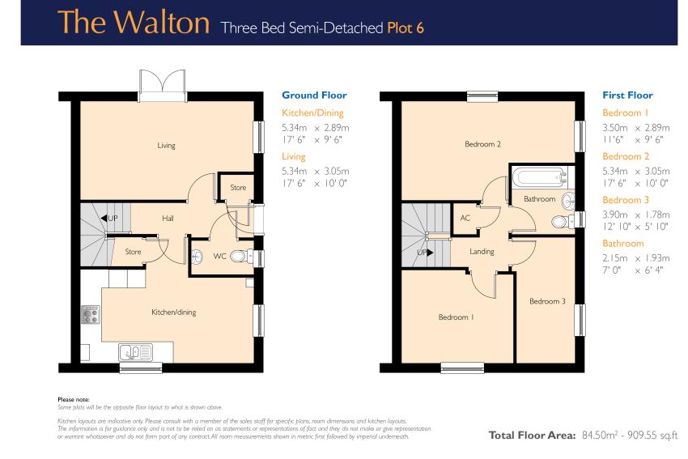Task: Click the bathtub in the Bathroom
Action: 540,177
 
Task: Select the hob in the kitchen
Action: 91,315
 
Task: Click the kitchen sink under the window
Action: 134,352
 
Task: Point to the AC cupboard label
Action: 465,218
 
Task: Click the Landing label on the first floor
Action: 482,252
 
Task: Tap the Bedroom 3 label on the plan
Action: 547,301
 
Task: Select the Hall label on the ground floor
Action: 168,218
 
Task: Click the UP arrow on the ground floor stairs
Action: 104,218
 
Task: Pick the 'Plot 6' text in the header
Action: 406,28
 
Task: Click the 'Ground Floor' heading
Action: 314,96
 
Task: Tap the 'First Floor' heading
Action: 627,96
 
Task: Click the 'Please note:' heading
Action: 74,399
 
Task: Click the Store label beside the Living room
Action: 238,187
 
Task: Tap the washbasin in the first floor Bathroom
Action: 569,202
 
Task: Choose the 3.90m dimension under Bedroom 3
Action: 614,215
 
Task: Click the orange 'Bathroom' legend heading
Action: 623,244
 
